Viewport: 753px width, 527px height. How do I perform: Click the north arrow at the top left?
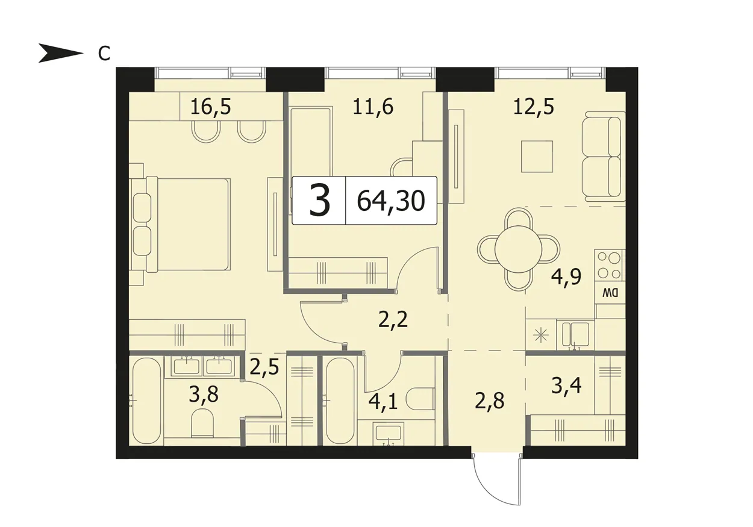(x=61, y=53)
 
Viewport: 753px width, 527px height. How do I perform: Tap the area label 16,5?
(x=211, y=107)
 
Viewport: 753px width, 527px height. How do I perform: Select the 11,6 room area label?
(x=373, y=107)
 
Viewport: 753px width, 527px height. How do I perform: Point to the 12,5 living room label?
(x=534, y=107)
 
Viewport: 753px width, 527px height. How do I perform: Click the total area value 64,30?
(x=391, y=201)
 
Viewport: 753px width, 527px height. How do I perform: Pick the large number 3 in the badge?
(x=319, y=201)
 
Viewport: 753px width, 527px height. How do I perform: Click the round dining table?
(x=518, y=249)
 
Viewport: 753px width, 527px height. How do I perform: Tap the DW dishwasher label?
(x=610, y=293)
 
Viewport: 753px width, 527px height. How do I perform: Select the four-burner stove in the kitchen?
(x=610, y=266)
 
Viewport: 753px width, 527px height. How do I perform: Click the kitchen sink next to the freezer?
(x=575, y=335)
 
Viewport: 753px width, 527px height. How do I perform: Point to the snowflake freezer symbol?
(x=540, y=335)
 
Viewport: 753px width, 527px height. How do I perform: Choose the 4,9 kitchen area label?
(x=566, y=278)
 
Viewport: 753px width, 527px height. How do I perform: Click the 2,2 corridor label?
(x=393, y=320)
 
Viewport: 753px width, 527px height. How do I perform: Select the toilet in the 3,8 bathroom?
(x=202, y=423)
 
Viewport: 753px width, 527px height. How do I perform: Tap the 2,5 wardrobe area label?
(x=264, y=367)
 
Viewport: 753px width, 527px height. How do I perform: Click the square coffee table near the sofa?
(x=537, y=157)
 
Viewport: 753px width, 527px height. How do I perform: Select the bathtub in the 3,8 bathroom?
(x=146, y=401)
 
